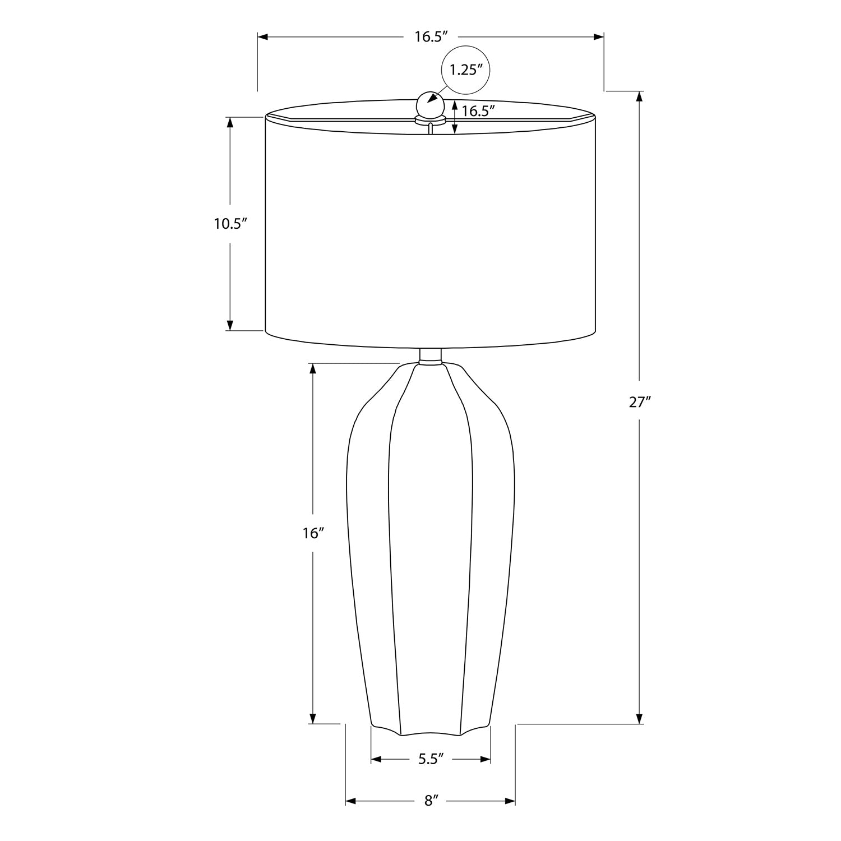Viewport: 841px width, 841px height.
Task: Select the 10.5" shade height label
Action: (230, 224)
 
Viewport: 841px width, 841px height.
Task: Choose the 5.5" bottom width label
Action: (431, 759)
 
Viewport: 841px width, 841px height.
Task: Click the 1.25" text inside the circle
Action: (466, 70)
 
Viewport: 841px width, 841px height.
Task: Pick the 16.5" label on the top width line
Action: (431, 37)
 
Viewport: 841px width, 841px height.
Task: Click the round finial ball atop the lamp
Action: (429, 104)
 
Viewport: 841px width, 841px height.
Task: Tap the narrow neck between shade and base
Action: (430, 356)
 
